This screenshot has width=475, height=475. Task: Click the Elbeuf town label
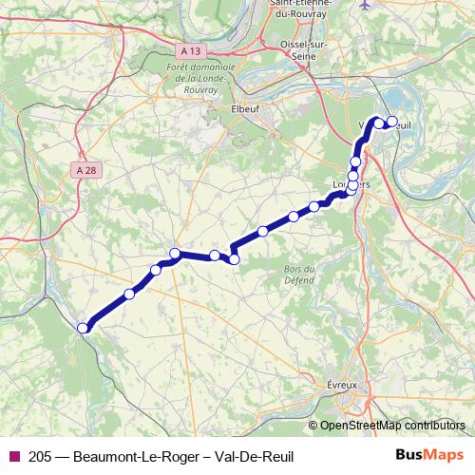coord(245,109)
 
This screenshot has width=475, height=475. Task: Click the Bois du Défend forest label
coord(298,274)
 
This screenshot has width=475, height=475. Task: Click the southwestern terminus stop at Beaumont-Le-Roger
coord(83,328)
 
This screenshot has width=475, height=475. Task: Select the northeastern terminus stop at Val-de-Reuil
coord(390,121)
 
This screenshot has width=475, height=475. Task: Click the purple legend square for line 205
coord(13,456)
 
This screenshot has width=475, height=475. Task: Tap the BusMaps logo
coord(429,456)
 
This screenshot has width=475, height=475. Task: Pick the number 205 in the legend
coord(42,456)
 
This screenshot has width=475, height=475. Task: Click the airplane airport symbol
coord(368,5)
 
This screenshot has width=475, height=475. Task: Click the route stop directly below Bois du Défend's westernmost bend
coord(234,259)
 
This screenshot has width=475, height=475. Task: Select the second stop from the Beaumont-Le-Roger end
coord(129,294)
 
